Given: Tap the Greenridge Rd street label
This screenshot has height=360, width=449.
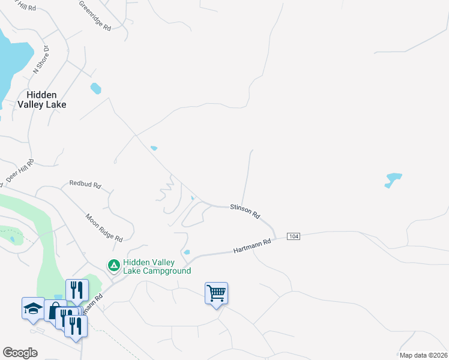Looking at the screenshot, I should point(95,16).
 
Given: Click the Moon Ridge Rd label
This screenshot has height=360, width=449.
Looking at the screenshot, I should point(104,227).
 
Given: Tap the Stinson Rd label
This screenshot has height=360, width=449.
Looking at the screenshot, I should point(245,211).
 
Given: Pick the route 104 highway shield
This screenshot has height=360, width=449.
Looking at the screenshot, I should point(293,236).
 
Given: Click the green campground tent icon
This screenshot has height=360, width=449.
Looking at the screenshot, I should point(113,265).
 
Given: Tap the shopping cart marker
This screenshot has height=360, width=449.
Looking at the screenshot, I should point(216,293).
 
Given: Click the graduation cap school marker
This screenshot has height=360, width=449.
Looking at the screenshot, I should point(33,308).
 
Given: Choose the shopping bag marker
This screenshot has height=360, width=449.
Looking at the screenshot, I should point(54,311).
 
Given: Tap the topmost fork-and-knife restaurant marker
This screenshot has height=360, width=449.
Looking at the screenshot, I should point(77,290).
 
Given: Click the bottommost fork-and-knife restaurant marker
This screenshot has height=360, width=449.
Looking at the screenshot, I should point(76,326).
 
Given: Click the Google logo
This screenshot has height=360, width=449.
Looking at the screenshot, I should point(20,353).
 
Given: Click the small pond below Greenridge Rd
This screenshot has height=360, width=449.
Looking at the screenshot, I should point(95,89).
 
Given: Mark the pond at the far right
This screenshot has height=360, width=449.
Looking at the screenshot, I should point(393,179).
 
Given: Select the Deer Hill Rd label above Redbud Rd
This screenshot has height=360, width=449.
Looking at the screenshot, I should point(20,172).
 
